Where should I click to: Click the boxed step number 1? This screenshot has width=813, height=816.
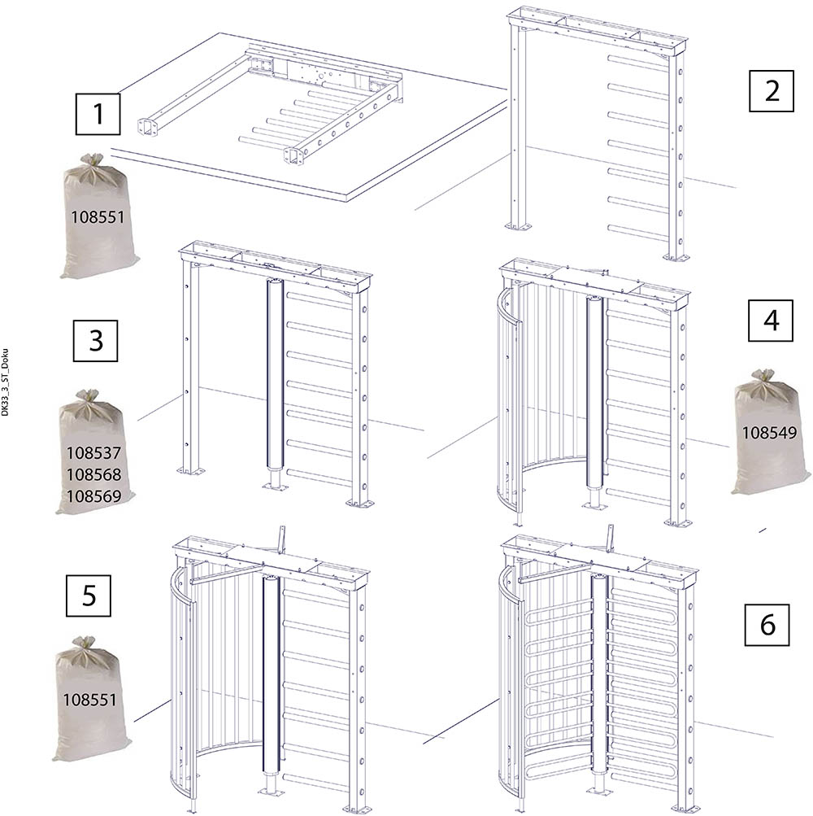click(x=98, y=114)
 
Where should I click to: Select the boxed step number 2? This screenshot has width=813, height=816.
click(x=772, y=91)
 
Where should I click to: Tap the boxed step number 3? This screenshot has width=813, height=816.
click(x=96, y=341)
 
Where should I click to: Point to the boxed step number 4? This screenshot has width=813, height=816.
click(x=771, y=321)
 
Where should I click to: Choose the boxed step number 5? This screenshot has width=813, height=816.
click(x=89, y=596)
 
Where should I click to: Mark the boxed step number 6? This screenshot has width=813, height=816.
click(x=767, y=625)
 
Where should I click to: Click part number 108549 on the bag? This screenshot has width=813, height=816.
click(x=769, y=433)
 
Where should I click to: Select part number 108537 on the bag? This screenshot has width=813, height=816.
click(x=93, y=453)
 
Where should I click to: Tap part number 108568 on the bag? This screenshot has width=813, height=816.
click(x=93, y=474)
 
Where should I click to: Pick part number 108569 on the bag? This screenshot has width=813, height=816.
click(x=93, y=496)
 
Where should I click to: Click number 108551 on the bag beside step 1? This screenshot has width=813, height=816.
click(x=98, y=217)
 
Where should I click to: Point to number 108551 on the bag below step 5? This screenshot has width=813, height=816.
click(x=89, y=700)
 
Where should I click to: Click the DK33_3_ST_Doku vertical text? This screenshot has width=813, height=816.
click(x=5, y=382)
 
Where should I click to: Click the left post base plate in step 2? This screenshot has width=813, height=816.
click(x=519, y=226)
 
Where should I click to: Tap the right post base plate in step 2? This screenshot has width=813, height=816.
click(x=676, y=256)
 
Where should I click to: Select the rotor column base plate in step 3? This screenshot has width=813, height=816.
click(x=276, y=487)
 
